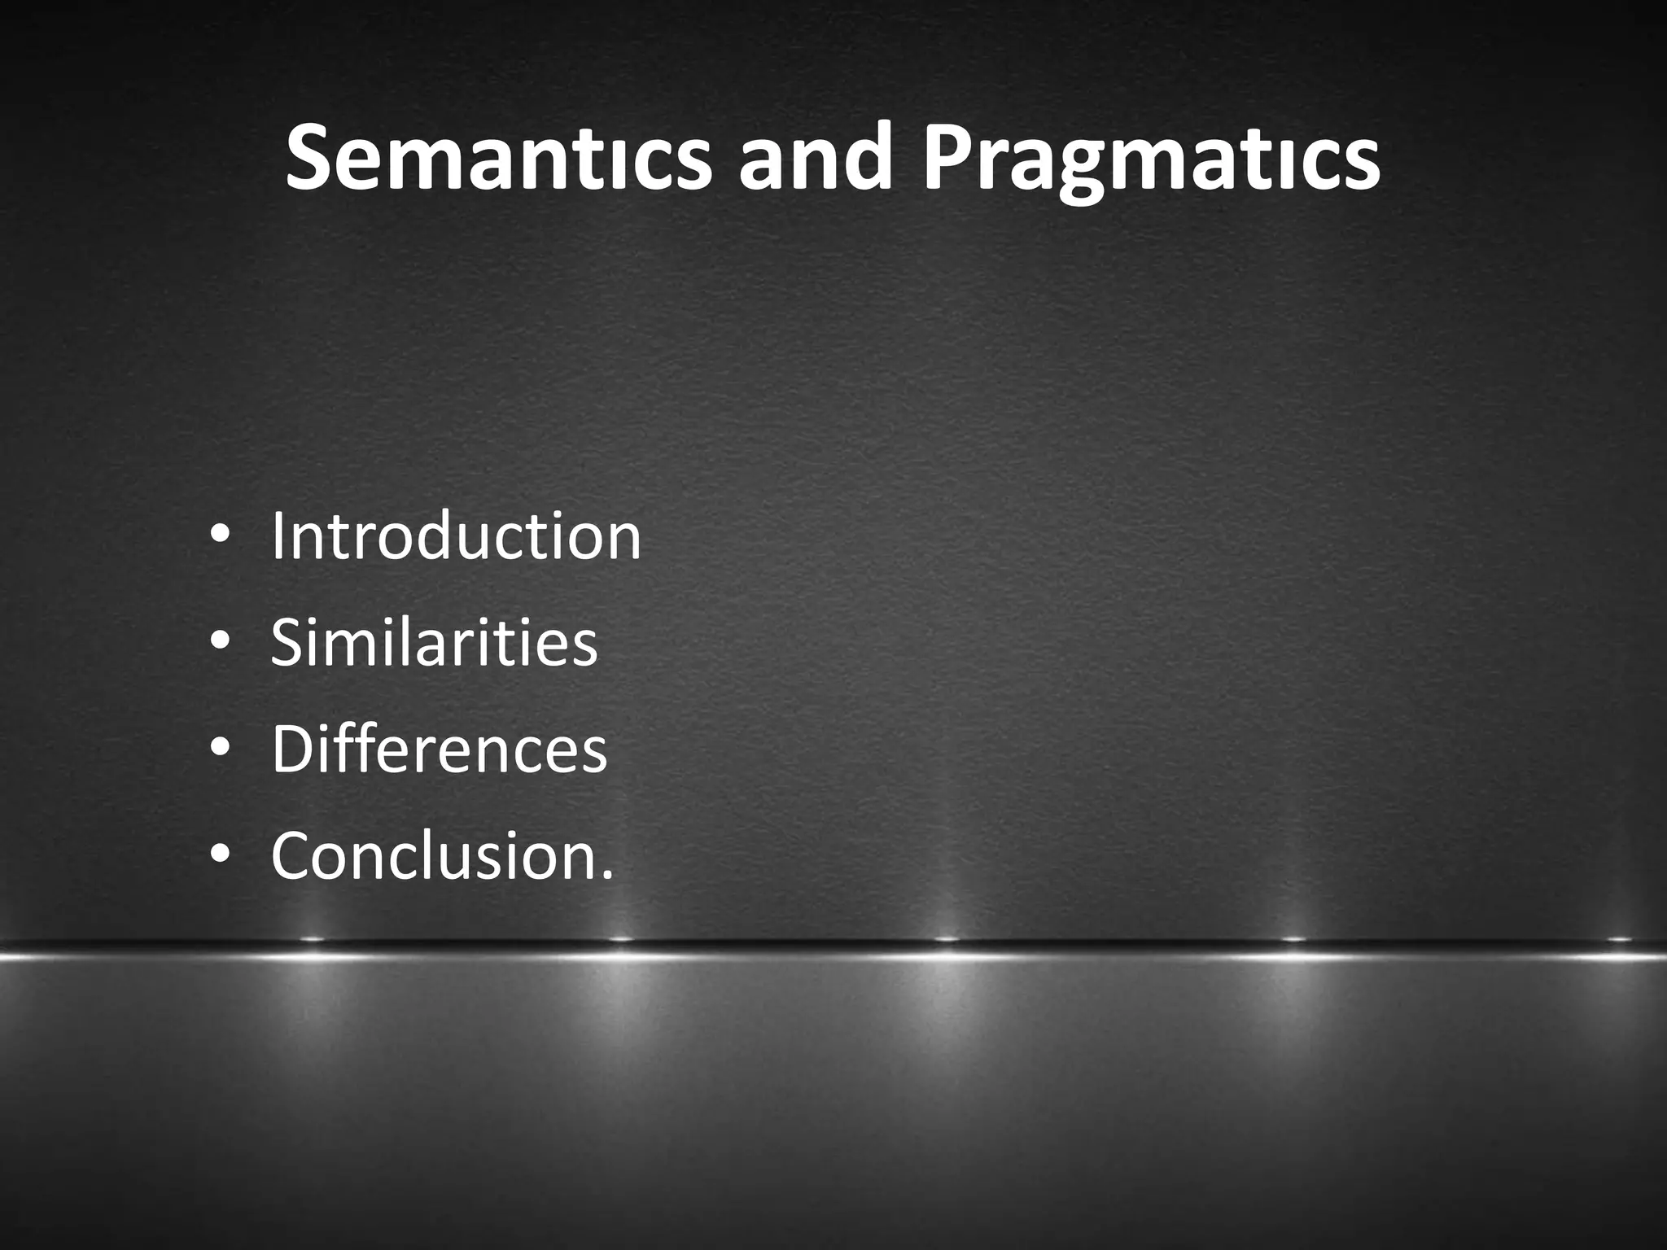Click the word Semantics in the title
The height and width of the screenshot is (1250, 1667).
[x=497, y=157]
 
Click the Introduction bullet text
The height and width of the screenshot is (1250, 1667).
[x=456, y=536]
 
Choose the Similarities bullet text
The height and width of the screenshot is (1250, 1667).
[x=434, y=643]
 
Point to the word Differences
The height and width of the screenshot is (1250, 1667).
[x=439, y=750]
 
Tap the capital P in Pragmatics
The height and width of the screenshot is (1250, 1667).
[x=948, y=157]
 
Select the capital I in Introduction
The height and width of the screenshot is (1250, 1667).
[x=278, y=536]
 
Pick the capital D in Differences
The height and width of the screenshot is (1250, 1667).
[x=292, y=750]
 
